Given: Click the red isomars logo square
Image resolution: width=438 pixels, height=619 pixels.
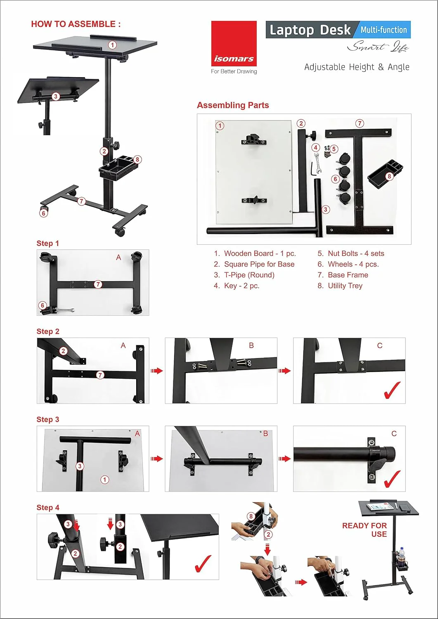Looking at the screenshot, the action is click(234, 43).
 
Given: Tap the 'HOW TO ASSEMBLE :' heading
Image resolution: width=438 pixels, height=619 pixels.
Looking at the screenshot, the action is click(76, 24).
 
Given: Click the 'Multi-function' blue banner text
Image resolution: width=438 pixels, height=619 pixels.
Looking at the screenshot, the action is click(384, 30).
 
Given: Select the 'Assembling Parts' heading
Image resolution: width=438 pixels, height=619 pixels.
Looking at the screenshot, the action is click(233, 105).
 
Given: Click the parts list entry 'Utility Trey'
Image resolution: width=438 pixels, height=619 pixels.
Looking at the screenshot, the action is click(345, 286).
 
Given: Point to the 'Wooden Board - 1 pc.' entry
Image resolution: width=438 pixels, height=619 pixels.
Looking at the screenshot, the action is click(260, 253).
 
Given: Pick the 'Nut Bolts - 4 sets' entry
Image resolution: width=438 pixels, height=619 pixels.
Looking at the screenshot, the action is click(356, 253).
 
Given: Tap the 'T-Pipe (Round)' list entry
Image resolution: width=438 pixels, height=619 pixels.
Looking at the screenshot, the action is click(249, 275).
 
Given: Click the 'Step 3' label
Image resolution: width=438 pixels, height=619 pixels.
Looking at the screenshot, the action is click(48, 419).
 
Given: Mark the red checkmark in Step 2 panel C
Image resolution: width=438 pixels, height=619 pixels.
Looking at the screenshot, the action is click(392, 390).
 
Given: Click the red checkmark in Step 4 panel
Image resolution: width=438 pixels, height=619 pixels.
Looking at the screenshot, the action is click(203, 564).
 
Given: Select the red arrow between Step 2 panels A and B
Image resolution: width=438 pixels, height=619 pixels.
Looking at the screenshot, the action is click(157, 371).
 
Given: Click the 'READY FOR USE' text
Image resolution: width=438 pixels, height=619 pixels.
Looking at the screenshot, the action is click(365, 530).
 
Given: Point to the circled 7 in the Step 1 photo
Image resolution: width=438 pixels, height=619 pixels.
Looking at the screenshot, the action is click(98, 284).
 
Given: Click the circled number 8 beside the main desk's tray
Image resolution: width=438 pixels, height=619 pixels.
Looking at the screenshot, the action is click(137, 159).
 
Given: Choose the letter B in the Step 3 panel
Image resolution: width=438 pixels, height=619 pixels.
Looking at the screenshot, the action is click(265, 434).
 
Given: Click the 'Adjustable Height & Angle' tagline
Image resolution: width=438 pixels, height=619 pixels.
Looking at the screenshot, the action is click(357, 67).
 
